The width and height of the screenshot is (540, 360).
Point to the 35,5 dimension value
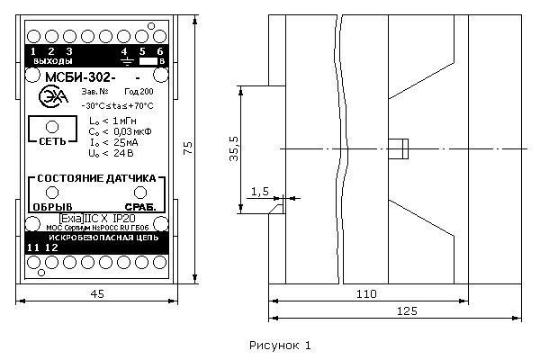tap(233, 145)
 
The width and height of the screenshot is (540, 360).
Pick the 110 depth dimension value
tap(367, 293)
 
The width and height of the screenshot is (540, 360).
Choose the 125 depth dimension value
tap(383, 310)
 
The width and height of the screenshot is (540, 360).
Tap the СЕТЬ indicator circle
tap(51, 126)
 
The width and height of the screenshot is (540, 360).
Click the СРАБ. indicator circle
tap(140, 193)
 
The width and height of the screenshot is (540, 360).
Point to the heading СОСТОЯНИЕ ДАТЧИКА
tap(95, 178)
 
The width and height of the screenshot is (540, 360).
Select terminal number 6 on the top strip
tap(160, 50)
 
